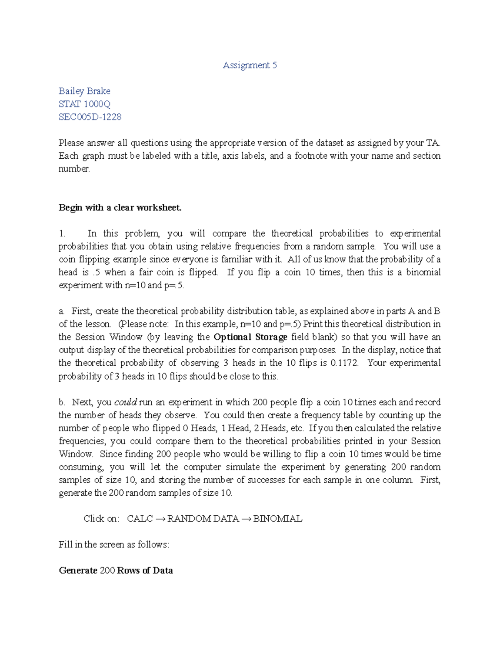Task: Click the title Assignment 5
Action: pos(250,65)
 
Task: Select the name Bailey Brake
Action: pos(85,91)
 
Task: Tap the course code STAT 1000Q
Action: pos(85,104)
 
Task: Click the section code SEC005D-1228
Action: pos(90,117)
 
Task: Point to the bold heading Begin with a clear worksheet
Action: pos(120,207)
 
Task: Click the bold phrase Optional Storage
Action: pos(250,337)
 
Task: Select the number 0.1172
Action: pos(344,363)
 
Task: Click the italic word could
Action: pos(125,402)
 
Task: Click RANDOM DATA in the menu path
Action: pos(203,519)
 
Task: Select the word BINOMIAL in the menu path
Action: pos(277,519)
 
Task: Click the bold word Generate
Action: pos(78,570)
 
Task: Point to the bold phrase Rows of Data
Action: pos(145,570)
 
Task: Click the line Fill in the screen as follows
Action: pos(114,545)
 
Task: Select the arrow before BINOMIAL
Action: pos(246,519)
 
